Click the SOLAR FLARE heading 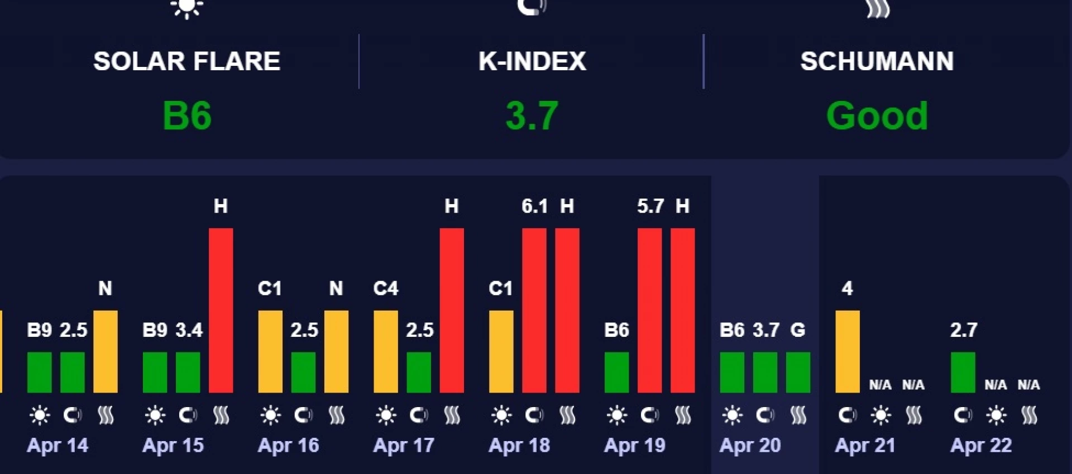coord(186,61)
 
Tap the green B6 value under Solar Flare coord(187,115)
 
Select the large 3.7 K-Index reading coord(532,115)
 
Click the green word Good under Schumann coord(877,115)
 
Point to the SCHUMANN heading coord(877,61)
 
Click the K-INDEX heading coord(532,61)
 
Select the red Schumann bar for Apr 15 coord(221,310)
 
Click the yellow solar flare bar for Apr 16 coord(270,351)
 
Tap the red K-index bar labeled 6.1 coord(534,310)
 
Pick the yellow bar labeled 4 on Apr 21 coord(847,351)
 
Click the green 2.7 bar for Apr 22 coord(963,372)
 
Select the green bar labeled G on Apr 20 coord(798,372)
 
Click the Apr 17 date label coord(404,445)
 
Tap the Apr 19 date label coord(635,445)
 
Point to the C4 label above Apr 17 coord(385,288)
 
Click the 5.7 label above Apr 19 coord(650,206)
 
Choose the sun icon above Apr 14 coord(40,415)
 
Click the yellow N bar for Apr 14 coord(106,351)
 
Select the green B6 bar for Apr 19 coord(616,372)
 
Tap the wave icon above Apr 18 coord(567,415)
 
